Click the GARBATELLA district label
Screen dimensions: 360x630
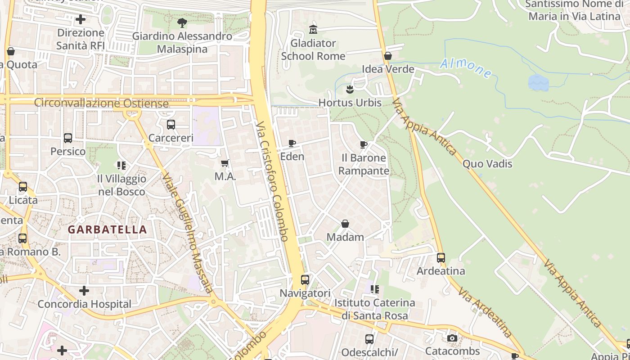tap(107, 229)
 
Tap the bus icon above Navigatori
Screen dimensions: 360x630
tap(305, 280)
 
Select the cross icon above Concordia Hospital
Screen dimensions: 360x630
tap(84, 291)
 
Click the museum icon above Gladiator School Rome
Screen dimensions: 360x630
tap(313, 30)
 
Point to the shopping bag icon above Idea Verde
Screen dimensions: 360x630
tap(388, 56)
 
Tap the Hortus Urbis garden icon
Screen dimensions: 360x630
tap(350, 90)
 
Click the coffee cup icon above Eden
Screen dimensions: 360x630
tap(292, 144)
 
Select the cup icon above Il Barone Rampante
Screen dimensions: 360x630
tap(364, 144)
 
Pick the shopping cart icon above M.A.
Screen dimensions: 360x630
tap(225, 163)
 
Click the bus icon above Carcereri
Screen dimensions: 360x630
tap(171, 125)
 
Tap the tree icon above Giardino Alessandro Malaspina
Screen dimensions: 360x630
tap(182, 22)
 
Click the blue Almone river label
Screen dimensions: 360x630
tap(465, 68)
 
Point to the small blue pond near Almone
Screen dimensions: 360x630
tap(538, 83)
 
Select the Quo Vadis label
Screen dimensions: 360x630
tap(487, 164)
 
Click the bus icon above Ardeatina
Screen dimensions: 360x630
tap(441, 258)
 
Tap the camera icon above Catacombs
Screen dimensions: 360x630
tap(452, 338)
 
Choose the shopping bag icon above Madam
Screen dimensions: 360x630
tap(345, 224)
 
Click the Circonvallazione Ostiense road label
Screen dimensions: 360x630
tap(101, 103)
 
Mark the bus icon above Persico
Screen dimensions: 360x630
tap(68, 138)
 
